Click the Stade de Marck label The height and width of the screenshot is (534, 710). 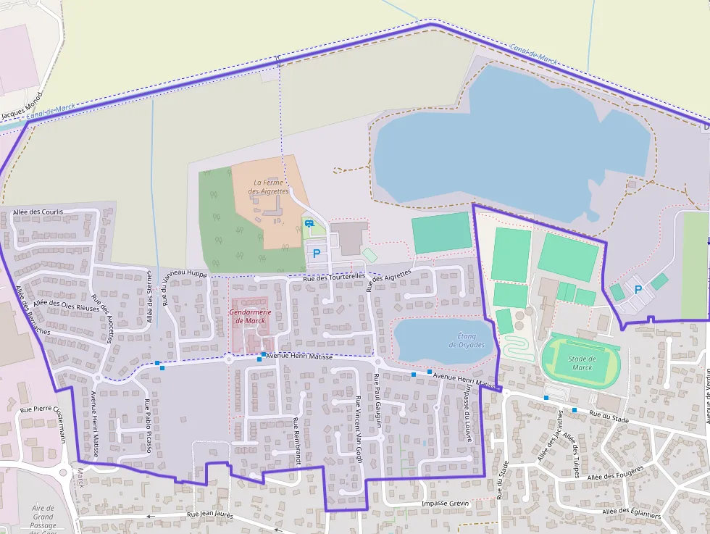click(582, 363)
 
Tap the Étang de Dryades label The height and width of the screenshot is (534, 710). click(471, 340)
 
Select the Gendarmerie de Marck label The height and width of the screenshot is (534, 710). click(247, 316)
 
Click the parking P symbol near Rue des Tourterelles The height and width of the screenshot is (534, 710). click(316, 254)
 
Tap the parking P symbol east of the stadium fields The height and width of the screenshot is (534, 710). click(638, 289)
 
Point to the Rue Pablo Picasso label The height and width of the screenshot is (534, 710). click(148, 426)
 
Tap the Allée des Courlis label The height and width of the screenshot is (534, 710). click(38, 212)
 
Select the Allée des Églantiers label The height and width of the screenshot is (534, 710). click(631, 513)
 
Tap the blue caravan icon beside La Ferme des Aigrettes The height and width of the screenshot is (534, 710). click(309, 223)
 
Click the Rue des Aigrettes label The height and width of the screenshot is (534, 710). click(389, 280)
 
